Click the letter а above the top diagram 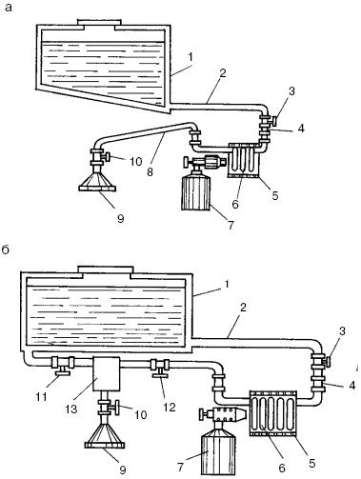tap(9, 7)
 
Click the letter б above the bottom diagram tap(7, 250)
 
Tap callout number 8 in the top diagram tap(150, 171)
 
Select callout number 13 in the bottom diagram tap(71, 409)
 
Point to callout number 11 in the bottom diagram tap(41, 396)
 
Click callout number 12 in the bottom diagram tap(170, 407)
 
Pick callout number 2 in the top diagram tap(223, 73)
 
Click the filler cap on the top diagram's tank tap(99, 24)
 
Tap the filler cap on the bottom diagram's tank tap(106, 271)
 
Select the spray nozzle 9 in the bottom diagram tap(104, 436)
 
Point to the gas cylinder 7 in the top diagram tap(196, 193)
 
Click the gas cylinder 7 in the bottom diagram tap(219, 451)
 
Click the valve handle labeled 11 tap(62, 371)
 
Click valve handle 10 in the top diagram tap(107, 156)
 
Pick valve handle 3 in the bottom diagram tap(327, 361)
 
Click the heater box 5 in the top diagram tap(244, 160)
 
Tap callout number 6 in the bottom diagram tap(282, 468)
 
